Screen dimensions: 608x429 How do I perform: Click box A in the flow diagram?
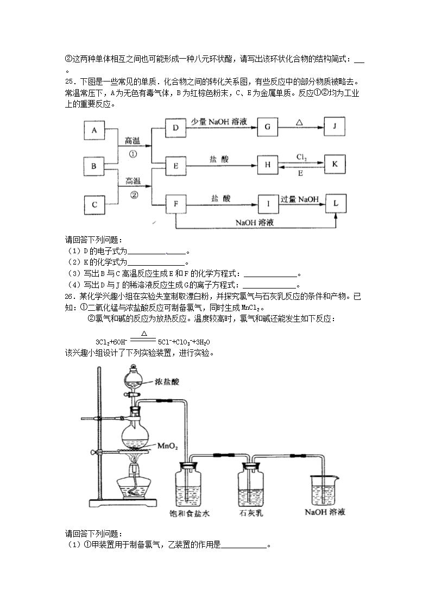pyautogui.click(x=94, y=130)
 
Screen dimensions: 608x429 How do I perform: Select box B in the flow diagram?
pyautogui.click(x=94, y=166)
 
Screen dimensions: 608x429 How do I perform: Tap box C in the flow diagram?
pyautogui.click(x=94, y=204)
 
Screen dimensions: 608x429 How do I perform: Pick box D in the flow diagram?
pyautogui.click(x=175, y=128)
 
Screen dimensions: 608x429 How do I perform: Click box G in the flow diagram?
pyautogui.click(x=267, y=128)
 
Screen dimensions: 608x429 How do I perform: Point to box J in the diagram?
pyautogui.click(x=335, y=128)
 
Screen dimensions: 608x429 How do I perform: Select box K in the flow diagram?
pyautogui.click(x=335, y=164)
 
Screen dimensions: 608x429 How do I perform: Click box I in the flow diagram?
pyautogui.click(x=267, y=204)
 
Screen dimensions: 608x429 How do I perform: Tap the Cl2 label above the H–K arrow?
pyautogui.click(x=302, y=157)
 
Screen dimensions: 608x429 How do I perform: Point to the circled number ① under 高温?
pyautogui.click(x=133, y=153)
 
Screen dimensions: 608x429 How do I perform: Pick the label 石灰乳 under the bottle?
pyautogui.click(x=252, y=512)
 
